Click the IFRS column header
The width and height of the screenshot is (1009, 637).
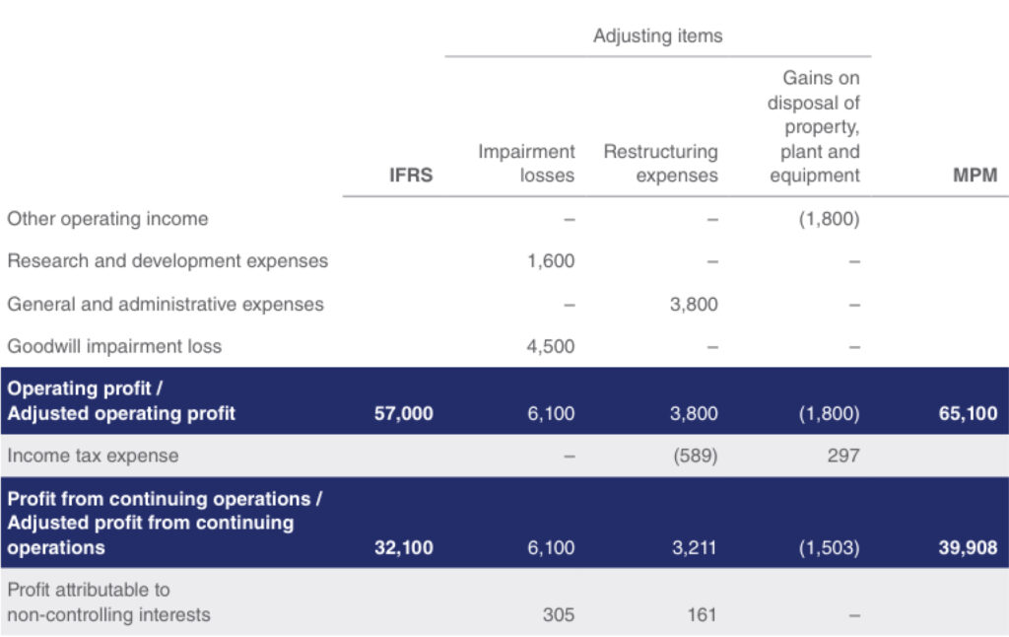pos(411,176)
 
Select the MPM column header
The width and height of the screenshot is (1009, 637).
pos(975,176)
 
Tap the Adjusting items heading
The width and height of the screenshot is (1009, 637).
pos(657,36)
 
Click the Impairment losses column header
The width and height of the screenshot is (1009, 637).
pos(526,164)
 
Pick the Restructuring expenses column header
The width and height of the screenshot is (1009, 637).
pos(661,164)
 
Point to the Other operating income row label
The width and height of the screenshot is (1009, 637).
pos(107,219)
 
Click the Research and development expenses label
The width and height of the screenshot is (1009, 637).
pos(168,261)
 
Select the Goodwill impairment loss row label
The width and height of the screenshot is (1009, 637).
pos(114,346)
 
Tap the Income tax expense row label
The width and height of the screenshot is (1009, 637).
pos(94,456)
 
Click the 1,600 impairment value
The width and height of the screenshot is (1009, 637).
pos(551,261)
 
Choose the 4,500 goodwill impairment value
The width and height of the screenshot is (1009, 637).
pos(551,346)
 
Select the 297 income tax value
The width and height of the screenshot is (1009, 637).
pos(843,456)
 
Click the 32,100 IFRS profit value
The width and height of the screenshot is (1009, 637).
pos(403,548)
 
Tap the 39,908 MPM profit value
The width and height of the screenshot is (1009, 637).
pos(968,548)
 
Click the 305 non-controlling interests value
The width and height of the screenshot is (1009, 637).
pos(559,615)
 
